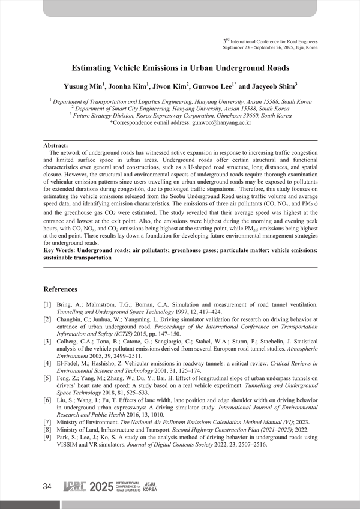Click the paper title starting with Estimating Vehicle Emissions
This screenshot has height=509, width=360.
180,68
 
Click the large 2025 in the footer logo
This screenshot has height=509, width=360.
101,487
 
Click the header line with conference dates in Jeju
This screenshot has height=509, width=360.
270,47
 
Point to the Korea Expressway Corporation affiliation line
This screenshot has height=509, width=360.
180,116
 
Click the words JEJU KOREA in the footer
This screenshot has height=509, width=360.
151,487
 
